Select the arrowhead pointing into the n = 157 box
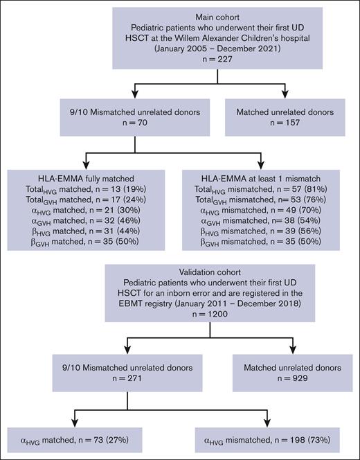click(x=284, y=96)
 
